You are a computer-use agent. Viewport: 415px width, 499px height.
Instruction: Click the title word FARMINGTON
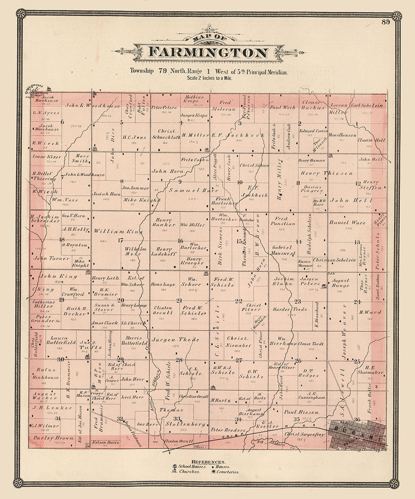208,53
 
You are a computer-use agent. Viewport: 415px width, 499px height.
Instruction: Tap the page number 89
386,22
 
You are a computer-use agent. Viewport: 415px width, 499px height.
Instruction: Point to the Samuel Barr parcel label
187,190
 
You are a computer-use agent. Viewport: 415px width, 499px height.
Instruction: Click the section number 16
180,241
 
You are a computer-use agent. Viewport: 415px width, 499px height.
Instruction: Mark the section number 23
298,301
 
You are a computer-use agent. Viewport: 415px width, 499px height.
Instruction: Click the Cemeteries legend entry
227,472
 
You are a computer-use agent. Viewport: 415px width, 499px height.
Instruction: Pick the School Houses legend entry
189,467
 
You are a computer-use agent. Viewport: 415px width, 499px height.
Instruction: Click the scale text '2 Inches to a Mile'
211,78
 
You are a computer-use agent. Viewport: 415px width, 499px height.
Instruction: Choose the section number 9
180,182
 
